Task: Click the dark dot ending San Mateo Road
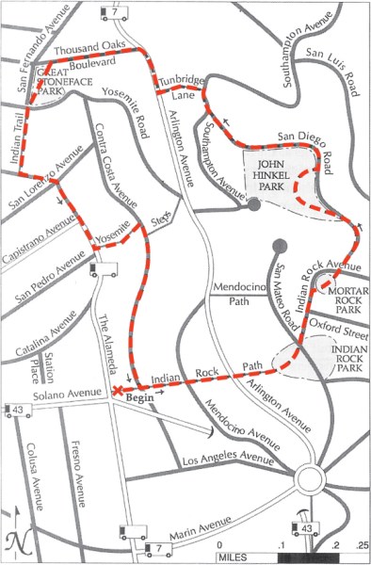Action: tap(278, 246)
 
